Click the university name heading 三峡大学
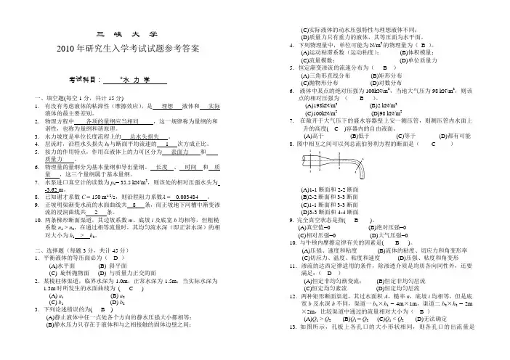pyautogui.click(x=126, y=34)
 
